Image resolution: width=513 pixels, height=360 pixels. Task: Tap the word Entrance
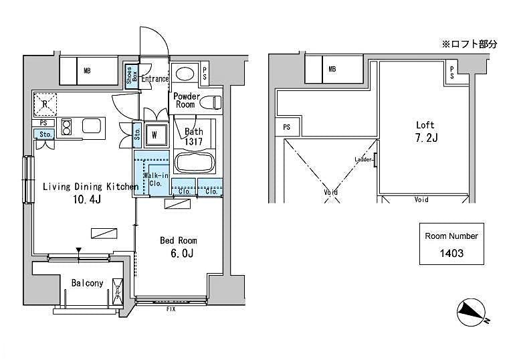point(155,79)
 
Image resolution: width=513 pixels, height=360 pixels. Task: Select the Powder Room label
point(187,100)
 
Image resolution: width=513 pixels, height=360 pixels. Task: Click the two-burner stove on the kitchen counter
point(67,126)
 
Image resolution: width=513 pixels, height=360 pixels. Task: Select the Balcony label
point(88,283)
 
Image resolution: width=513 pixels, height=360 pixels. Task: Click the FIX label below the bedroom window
point(172,310)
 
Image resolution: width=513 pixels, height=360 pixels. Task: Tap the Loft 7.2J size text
point(425,139)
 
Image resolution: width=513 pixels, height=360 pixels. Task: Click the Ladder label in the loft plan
point(363,159)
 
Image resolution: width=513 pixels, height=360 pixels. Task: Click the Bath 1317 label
point(194,137)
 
